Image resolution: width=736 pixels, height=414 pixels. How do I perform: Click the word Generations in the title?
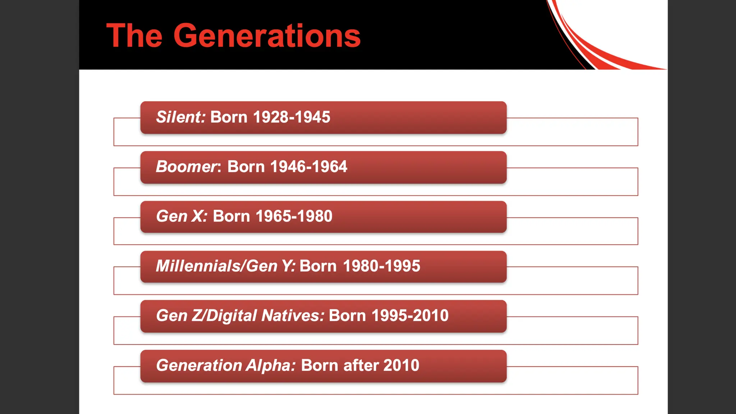coord(267,36)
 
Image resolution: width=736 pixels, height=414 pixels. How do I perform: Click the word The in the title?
coord(134,36)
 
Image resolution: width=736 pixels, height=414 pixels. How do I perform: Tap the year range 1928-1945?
coord(291,117)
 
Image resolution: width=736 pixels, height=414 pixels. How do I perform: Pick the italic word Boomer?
coord(187,167)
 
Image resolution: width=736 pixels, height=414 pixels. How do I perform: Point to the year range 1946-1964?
coord(308,167)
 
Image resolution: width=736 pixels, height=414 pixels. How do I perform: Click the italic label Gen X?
coord(181,216)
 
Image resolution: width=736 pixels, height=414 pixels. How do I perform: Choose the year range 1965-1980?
coord(294,216)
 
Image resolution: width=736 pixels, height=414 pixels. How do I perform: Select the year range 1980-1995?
coord(381,266)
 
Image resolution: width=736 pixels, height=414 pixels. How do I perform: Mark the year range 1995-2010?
coord(410,316)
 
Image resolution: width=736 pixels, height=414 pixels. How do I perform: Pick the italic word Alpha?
coord(270,365)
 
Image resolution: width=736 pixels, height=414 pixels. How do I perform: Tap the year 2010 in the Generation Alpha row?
coord(401,365)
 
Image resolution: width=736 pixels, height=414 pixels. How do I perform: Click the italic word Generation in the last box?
coord(199,365)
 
